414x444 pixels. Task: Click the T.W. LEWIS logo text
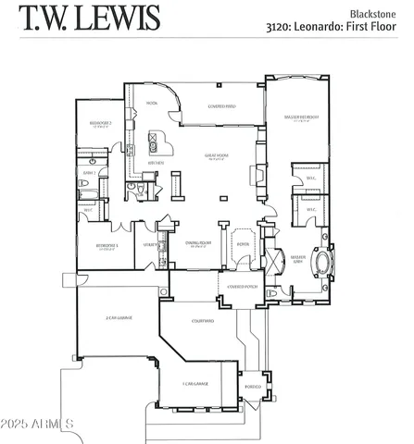[90, 18]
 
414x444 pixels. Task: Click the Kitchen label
[155, 163]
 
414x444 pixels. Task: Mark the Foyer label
[244, 244]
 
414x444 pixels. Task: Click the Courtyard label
[203, 321]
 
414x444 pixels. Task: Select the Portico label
[253, 387]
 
